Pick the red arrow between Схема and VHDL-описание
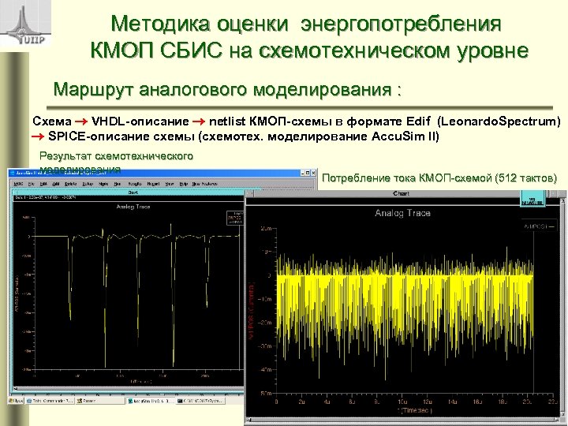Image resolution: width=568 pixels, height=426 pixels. [82, 122]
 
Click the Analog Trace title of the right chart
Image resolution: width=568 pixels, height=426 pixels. [402, 213]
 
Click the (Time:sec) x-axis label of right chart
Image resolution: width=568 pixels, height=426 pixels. [411, 411]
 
